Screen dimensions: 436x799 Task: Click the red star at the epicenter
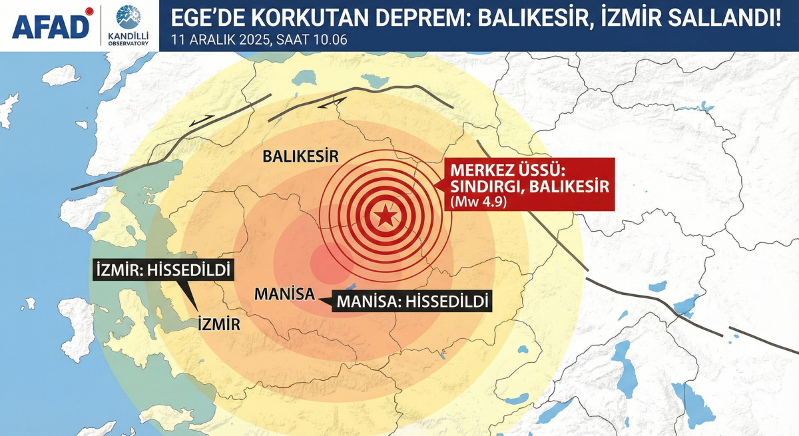tap(384, 216)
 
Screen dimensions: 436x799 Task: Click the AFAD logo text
tap(51, 27)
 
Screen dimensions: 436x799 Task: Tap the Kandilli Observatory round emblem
tap(129, 17)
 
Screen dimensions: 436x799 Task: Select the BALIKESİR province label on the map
tap(300, 157)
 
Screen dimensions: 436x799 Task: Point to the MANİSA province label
tap(284, 294)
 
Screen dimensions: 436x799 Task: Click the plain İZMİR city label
tap(218, 324)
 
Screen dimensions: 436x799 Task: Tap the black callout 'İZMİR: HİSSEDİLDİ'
tap(162, 271)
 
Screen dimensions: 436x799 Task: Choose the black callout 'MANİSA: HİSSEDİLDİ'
tap(413, 301)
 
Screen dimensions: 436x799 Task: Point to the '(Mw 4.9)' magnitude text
tap(478, 202)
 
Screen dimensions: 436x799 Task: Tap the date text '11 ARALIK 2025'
tap(219, 40)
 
